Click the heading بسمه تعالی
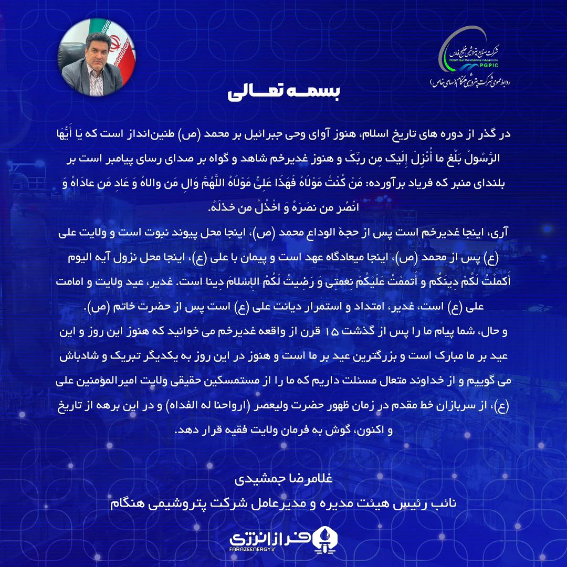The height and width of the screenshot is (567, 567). (x=283, y=92)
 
